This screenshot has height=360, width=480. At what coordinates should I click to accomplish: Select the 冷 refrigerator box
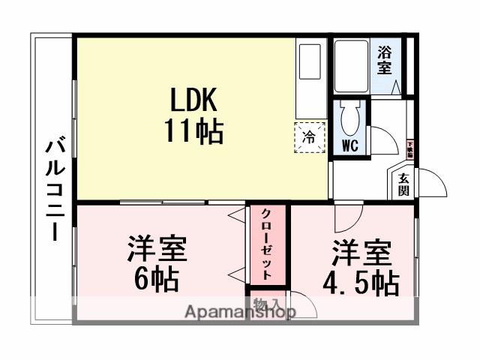(x=309, y=137)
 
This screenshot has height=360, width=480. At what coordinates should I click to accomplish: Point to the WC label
(x=350, y=145)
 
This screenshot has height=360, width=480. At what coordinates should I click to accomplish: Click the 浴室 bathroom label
(x=385, y=60)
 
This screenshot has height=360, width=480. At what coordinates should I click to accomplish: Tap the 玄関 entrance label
(x=403, y=184)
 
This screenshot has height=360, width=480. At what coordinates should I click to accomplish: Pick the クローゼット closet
(x=267, y=243)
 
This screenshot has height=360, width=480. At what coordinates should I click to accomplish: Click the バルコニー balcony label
(x=53, y=187)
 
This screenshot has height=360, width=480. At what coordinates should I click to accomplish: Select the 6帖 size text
(x=156, y=279)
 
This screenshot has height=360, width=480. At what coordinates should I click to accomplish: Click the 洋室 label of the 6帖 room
(x=156, y=249)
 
